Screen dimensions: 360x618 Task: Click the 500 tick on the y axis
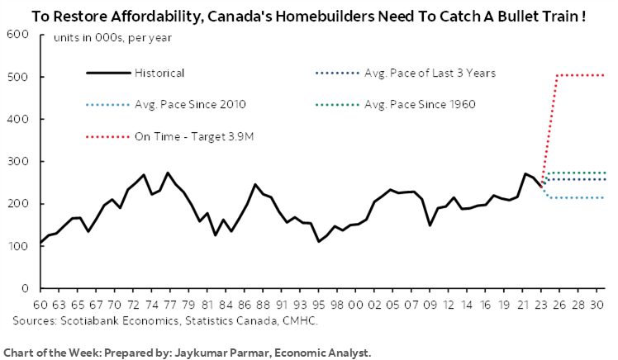17,77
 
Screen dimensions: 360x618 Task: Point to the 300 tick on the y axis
17,162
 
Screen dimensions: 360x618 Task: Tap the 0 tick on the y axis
25,289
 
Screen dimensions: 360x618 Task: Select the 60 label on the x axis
40,304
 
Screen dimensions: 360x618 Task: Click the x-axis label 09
430,304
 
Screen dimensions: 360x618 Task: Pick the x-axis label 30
597,304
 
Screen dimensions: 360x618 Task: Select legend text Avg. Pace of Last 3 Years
430,73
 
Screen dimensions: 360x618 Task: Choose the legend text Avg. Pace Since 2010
188,104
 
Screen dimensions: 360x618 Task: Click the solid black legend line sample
107,73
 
